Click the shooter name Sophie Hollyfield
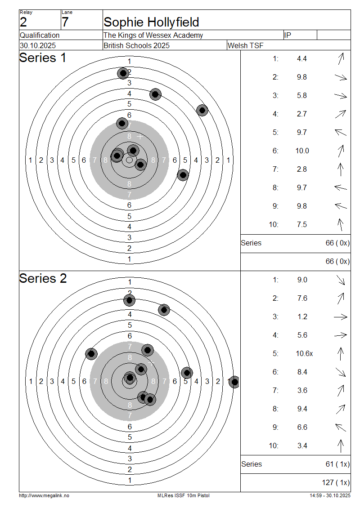click(x=151, y=22)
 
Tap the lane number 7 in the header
click(x=65, y=22)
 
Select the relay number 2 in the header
click(x=23, y=22)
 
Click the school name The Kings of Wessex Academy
click(x=153, y=35)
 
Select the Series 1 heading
click(x=43, y=58)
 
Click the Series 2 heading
click(x=43, y=279)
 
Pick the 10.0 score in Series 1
click(x=302, y=151)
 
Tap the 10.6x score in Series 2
click(x=304, y=354)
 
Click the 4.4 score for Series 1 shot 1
click(x=302, y=58)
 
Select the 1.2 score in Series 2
click(x=302, y=317)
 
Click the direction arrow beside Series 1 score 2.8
click(x=341, y=169)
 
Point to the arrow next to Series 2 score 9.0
click(x=341, y=280)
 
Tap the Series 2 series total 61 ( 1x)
click(x=337, y=464)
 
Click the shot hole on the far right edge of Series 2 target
click(x=234, y=383)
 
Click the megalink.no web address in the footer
click(x=44, y=495)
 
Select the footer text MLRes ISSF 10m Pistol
click(x=183, y=495)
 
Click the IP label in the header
click(x=288, y=35)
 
